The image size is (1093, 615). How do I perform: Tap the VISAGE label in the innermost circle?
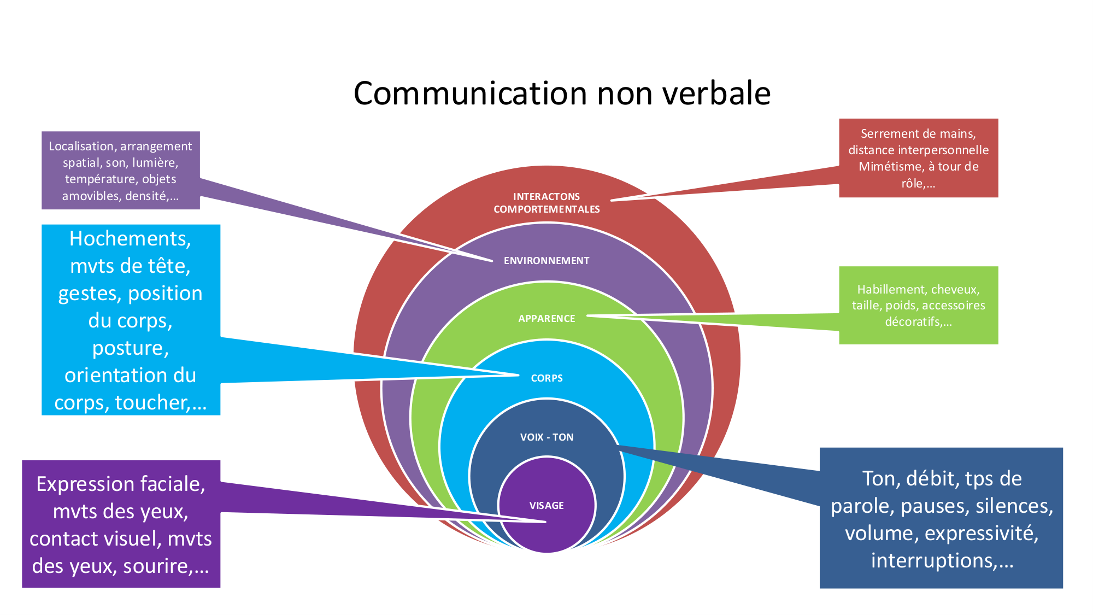[x=546, y=506]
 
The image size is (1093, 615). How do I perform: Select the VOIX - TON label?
[x=546, y=437]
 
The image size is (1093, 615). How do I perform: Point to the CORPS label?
[x=546, y=378]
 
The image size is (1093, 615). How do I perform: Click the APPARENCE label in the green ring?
[x=546, y=319]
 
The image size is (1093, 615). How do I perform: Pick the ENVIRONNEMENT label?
[x=546, y=261]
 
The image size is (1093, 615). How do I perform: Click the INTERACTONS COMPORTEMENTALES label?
[x=546, y=203]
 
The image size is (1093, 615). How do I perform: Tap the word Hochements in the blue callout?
[x=129, y=239]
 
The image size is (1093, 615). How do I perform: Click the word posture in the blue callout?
[x=130, y=348]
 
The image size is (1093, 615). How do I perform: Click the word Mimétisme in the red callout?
[x=891, y=167]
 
